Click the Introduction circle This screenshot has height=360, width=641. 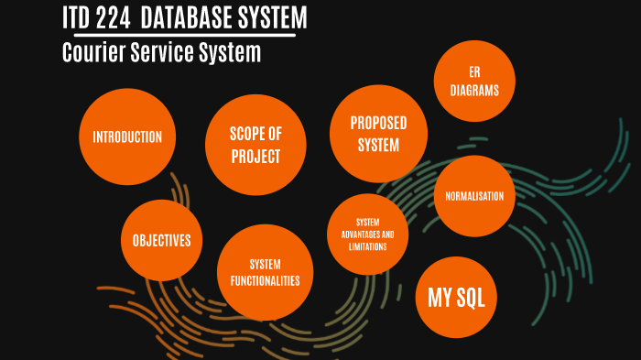[127, 137]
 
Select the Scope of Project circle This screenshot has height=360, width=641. [255, 145]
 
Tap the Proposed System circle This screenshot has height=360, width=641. [378, 134]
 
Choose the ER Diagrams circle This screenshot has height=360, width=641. [473, 81]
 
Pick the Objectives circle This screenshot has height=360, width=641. [161, 241]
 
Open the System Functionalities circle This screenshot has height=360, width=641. [265, 272]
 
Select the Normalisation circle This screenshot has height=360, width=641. [473, 196]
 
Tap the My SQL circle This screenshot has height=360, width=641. [456, 298]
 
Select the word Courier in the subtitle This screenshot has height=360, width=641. [91, 53]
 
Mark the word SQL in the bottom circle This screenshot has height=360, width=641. [471, 298]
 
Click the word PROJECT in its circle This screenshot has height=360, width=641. [255, 157]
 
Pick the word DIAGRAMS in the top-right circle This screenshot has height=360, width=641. [473, 90]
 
